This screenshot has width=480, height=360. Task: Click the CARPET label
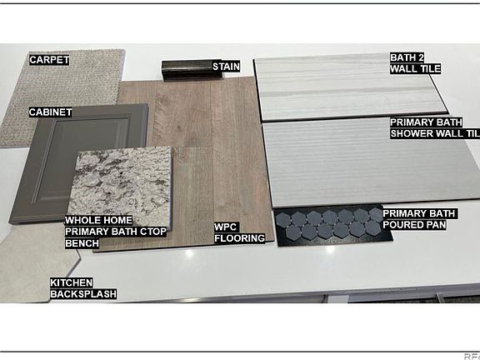pyautogui.click(x=49, y=60)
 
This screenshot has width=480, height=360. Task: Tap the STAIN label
pyautogui.click(x=226, y=67)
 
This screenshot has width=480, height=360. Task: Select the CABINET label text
pyautogui.click(x=51, y=112)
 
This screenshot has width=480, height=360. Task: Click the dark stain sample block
pyautogui.click(x=187, y=70)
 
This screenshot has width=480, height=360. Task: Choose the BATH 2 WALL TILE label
pyautogui.click(x=415, y=63)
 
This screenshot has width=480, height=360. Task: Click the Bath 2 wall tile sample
pyautogui.click(x=349, y=87)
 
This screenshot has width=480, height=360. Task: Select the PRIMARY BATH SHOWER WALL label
pyautogui.click(x=435, y=128)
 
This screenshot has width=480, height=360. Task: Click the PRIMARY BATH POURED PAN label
pyautogui.click(x=420, y=219)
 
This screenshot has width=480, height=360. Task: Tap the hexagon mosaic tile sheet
pyautogui.click(x=333, y=226)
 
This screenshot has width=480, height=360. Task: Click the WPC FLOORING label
pyautogui.click(x=239, y=232)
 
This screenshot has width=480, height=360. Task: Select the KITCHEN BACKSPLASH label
pyautogui.click(x=83, y=288)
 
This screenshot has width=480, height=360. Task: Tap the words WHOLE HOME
pyautogui.click(x=98, y=220)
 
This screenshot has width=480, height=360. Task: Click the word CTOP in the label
pyautogui.click(x=152, y=232)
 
